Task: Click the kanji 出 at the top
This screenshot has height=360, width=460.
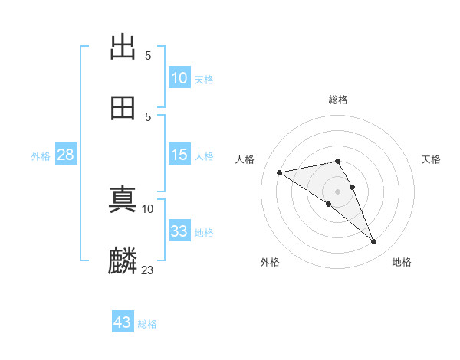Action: pyautogui.click(x=123, y=47)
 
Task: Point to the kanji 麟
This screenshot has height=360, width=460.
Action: pyautogui.click(x=123, y=260)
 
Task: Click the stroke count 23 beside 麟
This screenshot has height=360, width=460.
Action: pyautogui.click(x=148, y=270)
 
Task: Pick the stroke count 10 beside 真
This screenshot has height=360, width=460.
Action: pyautogui.click(x=148, y=208)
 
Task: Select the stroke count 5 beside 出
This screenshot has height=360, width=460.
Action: pyautogui.click(x=148, y=56)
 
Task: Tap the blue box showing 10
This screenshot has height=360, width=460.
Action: pyautogui.click(x=179, y=78)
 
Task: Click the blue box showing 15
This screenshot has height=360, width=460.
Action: pyautogui.click(x=179, y=155)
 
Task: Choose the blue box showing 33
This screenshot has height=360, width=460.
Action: pyautogui.click(x=179, y=231)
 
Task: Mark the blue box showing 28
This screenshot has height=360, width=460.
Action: pyautogui.click(x=65, y=155)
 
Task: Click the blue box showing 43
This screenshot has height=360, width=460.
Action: pyautogui.click(x=123, y=322)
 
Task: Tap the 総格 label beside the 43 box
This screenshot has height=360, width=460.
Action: pyautogui.click(x=147, y=324)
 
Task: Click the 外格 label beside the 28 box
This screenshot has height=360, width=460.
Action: pyautogui.click(x=41, y=156)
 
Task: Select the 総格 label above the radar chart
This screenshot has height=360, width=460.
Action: pyautogui.click(x=338, y=100)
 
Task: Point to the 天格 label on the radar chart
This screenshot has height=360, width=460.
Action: pyautogui.click(x=431, y=159)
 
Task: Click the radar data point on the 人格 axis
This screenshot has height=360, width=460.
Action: pyautogui.click(x=279, y=172)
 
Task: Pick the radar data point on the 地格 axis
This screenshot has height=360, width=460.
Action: pyautogui.click(x=374, y=242)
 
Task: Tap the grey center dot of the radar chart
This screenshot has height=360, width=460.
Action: pyautogui.click(x=338, y=191)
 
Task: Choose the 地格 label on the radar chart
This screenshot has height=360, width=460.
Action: pyautogui.click(x=402, y=263)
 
